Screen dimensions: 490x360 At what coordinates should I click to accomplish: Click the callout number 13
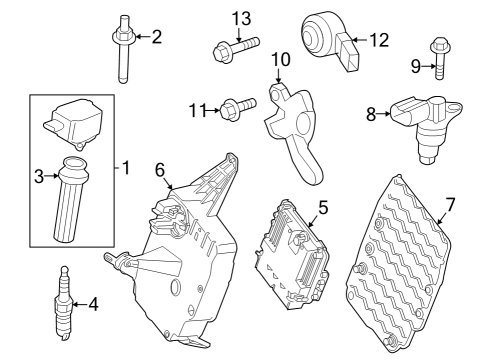coord(241,18)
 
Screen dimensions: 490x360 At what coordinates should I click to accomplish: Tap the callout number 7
coord(450,204)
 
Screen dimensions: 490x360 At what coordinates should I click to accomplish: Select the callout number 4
coord(93,304)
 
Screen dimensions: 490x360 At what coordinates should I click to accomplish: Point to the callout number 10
coord(281,59)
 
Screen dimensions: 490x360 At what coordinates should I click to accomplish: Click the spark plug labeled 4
coord(64,303)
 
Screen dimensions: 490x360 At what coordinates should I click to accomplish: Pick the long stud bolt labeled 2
coord(123,48)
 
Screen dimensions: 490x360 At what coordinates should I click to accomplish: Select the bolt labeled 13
coord(236,50)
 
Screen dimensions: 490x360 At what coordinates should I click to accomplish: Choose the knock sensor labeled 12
coord(330,42)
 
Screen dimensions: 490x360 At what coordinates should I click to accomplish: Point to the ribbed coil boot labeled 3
coord(71,198)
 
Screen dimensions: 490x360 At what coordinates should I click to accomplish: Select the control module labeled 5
coord(291,255)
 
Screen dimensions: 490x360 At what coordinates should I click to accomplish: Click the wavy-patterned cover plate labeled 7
coord(398,263)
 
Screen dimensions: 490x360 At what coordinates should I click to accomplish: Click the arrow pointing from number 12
coord(360,40)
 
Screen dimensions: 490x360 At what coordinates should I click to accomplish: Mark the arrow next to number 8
coord(383,114)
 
